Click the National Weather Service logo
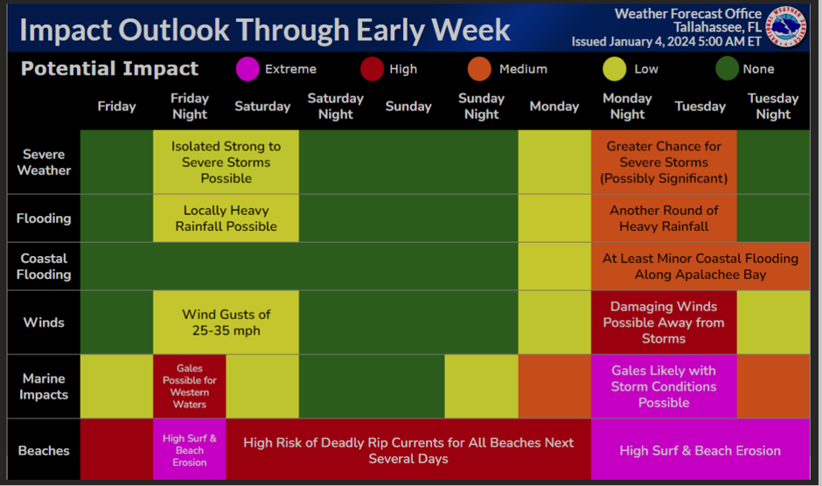click(786, 27)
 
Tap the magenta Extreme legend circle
click(247, 69)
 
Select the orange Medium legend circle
click(479, 69)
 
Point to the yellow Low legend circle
click(615, 69)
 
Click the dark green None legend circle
click(727, 69)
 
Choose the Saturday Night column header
click(336, 106)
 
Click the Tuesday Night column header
click(773, 106)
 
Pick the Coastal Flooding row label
click(44, 267)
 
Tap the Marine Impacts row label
click(44, 386)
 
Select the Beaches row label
click(44, 450)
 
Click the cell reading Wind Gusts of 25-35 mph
click(226, 323)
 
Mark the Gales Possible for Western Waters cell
click(189, 386)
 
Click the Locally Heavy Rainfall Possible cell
click(226, 219)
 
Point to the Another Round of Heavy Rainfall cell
click(664, 219)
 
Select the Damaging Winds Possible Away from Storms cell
click(664, 323)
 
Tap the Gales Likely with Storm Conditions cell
click(664, 386)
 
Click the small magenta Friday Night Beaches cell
click(189, 449)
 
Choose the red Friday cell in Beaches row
click(116, 449)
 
